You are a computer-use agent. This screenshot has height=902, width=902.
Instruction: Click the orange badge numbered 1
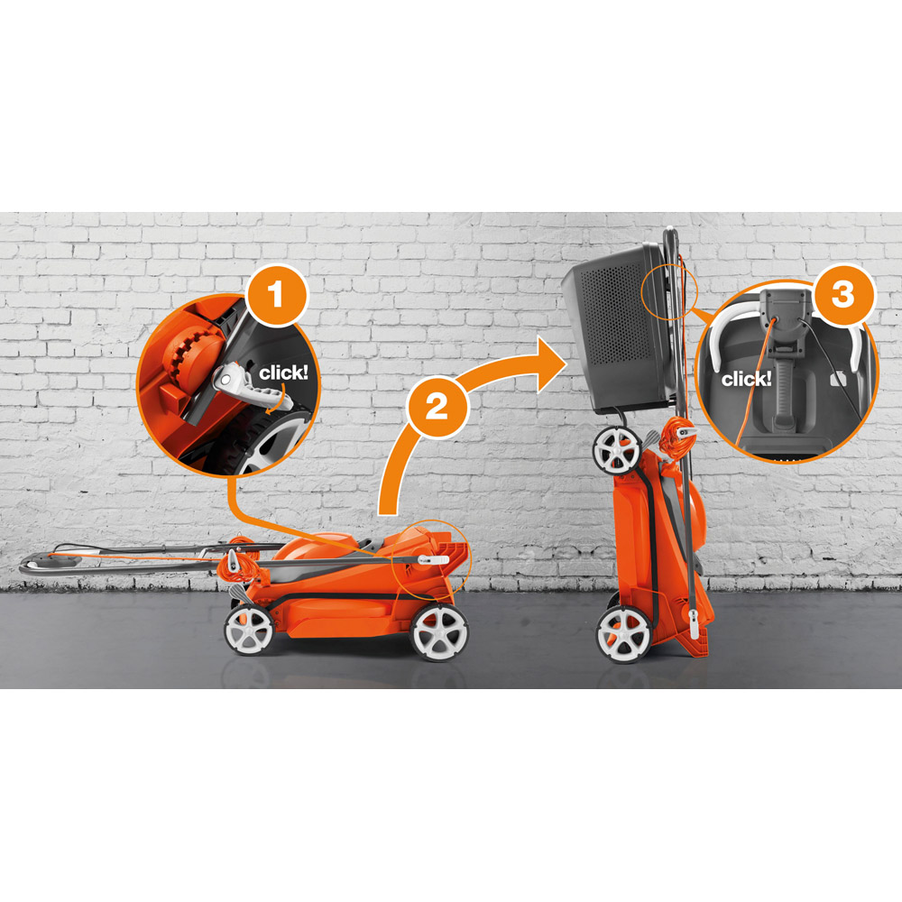pos(277,295)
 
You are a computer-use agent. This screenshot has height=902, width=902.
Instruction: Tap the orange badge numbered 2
pos(437,408)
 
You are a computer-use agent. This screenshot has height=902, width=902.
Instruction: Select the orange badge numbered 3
pos(842,295)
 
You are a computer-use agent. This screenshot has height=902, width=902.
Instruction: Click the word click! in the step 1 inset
pos(283,373)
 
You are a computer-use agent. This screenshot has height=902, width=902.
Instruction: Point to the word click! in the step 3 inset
pos(746,379)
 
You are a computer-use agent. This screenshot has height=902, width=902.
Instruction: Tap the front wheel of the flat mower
pos(439,632)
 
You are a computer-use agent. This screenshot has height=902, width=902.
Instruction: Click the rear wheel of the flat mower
pos(249,630)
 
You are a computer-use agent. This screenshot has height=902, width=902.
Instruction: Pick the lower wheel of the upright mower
pos(623,635)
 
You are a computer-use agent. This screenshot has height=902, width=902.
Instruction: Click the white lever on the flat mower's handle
pos(433,560)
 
